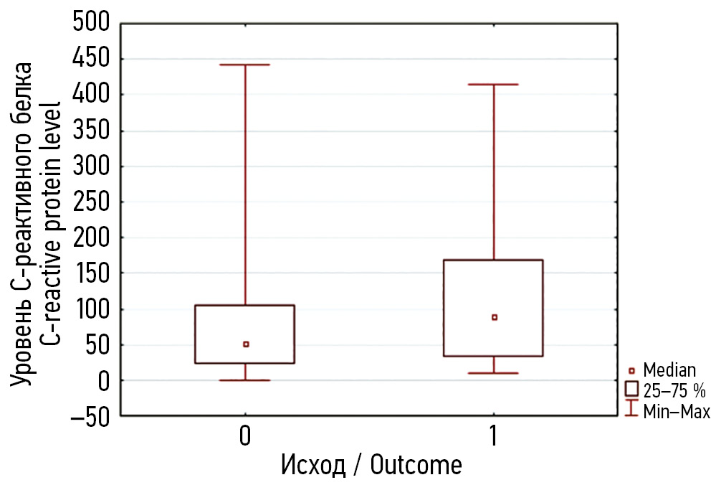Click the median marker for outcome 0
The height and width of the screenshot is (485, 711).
[246, 344]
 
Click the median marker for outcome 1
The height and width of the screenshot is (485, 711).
[494, 317]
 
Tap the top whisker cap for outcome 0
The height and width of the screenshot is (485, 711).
[245, 65]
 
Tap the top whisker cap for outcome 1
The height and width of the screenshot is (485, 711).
[493, 85]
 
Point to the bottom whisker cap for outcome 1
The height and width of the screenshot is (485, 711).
[493, 373]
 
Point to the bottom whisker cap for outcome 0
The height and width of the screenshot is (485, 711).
[245, 380]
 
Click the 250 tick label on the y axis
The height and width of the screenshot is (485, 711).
[92, 202]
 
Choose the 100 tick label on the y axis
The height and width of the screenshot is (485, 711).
[92, 309]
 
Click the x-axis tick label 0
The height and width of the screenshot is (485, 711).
[245, 437]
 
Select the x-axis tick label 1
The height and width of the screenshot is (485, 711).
[493, 437]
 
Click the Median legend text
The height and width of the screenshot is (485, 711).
[669, 371]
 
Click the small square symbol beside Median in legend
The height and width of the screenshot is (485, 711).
[631, 371]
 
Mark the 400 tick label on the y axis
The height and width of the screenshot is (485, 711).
[92, 95]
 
